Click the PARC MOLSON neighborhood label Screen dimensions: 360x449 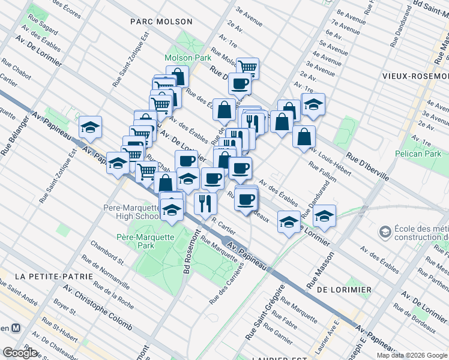coord(161,22)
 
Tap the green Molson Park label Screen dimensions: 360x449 coord(188,58)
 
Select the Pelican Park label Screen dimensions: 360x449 coord(418,154)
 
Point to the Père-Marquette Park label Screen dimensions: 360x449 coord(145,241)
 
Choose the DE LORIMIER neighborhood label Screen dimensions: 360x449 coord(344,290)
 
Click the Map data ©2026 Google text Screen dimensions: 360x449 coord(412,355)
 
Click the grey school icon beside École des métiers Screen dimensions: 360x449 coord(384,231)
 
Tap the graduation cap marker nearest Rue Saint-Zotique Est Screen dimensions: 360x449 coord(90,127)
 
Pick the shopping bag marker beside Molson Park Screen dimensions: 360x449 coord(178,76)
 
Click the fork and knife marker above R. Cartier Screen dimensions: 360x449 coord(205,202)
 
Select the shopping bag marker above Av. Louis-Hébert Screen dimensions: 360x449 coord(304,136)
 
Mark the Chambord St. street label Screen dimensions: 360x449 coord(107,253)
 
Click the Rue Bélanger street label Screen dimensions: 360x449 coord(12,136)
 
